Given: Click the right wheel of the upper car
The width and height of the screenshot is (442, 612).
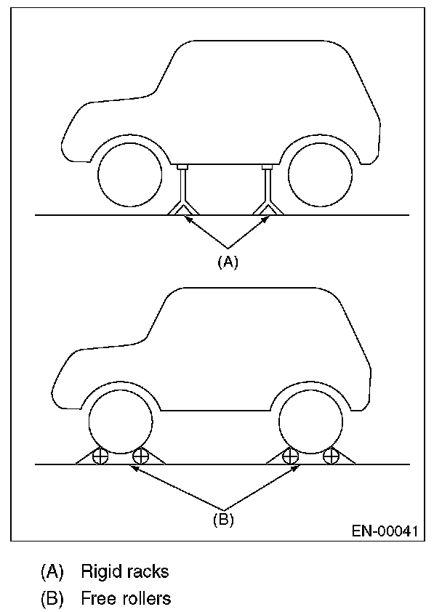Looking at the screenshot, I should [321, 176].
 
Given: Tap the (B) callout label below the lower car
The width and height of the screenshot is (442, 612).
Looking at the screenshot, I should [223, 519].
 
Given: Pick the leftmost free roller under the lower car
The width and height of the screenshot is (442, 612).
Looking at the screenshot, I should [100, 457].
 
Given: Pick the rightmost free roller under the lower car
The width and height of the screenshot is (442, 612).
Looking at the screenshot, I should [331, 457].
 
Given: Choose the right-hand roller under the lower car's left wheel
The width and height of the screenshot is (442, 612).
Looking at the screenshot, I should [140, 457].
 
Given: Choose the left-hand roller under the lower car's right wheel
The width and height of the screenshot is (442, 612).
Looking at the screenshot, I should [290, 457].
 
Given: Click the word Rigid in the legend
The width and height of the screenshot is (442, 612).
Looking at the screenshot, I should [100, 571].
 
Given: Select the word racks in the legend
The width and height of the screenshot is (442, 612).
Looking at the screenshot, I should [148, 571].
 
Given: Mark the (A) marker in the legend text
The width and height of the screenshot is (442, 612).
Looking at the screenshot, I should [50, 571].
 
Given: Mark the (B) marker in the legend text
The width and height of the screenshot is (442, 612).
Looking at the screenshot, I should [50, 599].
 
